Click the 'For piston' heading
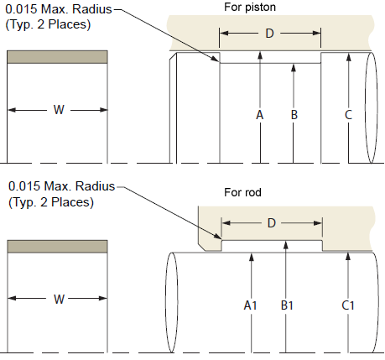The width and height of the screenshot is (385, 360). (250, 7)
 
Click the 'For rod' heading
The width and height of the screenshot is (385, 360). (242, 192)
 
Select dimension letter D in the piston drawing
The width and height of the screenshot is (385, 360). (269, 34)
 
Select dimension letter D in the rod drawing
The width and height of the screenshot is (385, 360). (272, 223)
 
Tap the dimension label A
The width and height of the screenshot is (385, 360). (260, 115)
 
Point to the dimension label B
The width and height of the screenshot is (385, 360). (294, 115)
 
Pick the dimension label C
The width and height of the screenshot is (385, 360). (348, 115)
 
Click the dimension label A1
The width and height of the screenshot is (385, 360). (250, 305)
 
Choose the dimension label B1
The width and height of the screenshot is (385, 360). (287, 305)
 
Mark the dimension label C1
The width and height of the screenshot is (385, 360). (348, 305)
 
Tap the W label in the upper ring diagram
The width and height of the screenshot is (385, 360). (59, 110)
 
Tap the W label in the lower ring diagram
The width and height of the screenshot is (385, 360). (59, 300)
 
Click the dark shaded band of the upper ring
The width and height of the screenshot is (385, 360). (57, 57)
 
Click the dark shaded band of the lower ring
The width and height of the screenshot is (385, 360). (57, 247)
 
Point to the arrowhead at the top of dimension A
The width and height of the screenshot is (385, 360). (260, 55)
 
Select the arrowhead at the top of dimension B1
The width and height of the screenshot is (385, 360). (286, 244)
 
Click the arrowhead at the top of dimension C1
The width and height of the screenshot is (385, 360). (348, 256)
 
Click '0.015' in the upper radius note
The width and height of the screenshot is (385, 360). (21, 9)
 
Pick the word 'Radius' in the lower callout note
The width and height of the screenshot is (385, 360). (96, 186)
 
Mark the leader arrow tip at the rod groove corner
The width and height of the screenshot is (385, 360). (221, 239)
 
